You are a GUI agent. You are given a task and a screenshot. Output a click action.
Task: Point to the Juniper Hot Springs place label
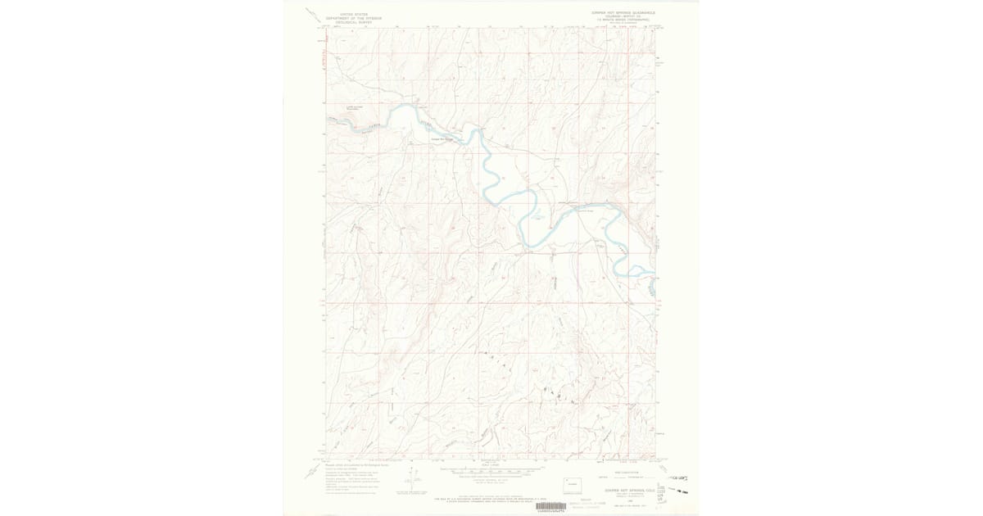click(x=442, y=138)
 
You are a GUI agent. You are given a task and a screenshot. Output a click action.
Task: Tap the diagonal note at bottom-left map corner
click(x=315, y=472)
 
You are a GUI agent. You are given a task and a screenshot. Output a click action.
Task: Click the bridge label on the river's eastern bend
click(x=584, y=210)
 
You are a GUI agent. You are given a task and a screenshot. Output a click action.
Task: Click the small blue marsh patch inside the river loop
click(x=537, y=218)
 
